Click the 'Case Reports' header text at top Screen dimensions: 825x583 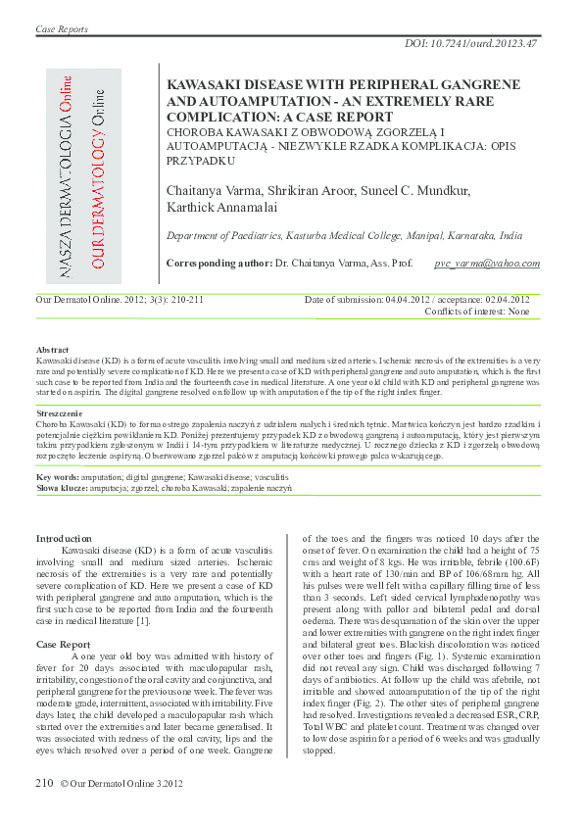tap(62, 29)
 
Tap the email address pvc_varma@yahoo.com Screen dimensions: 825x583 tap(487, 264)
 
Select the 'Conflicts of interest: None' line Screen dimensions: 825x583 tap(476, 311)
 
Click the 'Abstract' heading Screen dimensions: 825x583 tap(52, 349)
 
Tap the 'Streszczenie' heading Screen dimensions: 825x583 tap(59, 415)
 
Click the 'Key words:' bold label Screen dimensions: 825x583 tap(58, 476)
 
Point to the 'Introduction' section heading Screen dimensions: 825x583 tap(64, 538)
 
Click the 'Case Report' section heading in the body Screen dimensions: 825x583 tap(63, 644)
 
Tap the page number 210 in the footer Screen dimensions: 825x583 tap(44, 782)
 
